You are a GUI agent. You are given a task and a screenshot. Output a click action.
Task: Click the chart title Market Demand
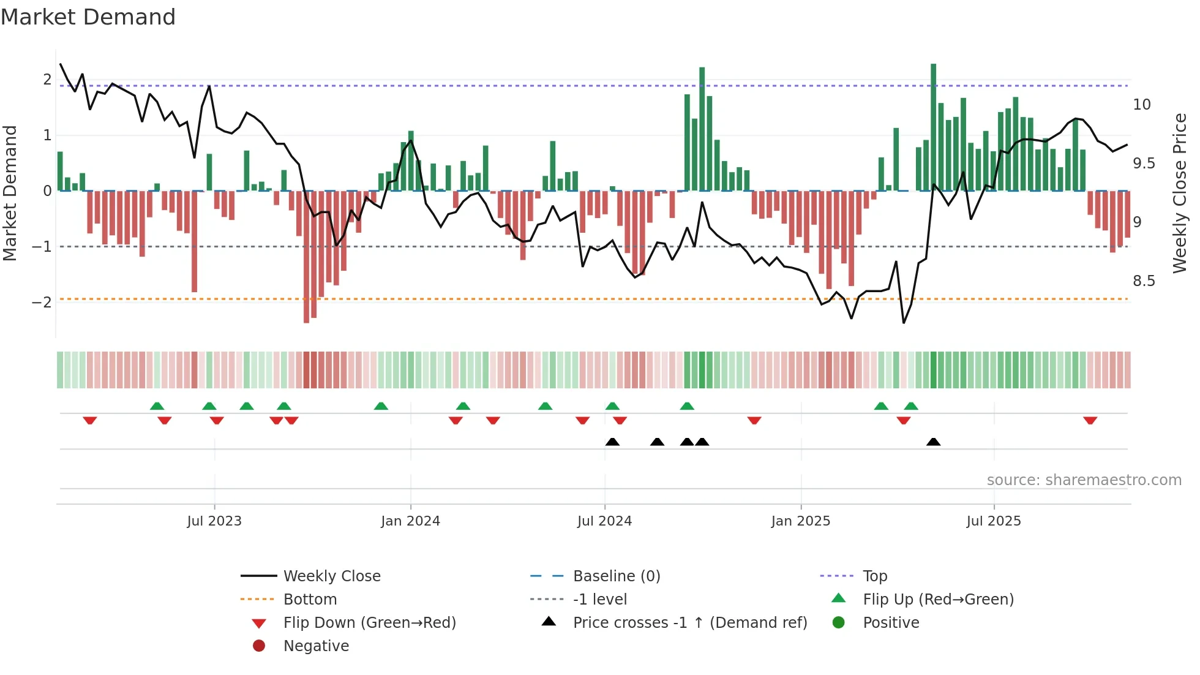(x=88, y=17)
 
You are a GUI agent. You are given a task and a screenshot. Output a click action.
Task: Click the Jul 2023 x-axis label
(x=214, y=521)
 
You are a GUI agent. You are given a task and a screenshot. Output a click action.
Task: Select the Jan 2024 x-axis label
(x=410, y=521)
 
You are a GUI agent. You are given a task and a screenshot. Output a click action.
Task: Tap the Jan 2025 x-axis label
(x=800, y=521)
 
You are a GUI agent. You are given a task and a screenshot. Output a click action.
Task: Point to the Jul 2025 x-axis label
(x=994, y=521)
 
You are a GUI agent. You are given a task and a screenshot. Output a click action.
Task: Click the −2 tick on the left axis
(x=42, y=303)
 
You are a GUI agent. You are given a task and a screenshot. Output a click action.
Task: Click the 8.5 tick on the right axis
(x=1143, y=281)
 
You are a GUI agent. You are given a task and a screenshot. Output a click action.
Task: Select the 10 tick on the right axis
(x=1141, y=105)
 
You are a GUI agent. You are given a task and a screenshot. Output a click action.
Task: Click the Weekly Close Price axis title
(x=1179, y=193)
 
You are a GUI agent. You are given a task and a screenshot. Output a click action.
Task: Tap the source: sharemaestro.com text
(x=1084, y=480)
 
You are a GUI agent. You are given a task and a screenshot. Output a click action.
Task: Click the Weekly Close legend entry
(x=331, y=576)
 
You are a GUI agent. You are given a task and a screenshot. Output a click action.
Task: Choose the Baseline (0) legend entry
(x=616, y=576)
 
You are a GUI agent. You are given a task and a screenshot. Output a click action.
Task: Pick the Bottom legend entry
(x=310, y=600)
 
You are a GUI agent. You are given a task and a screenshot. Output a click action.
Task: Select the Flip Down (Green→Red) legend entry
(x=369, y=623)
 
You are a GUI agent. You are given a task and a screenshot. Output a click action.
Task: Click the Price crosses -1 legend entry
(x=689, y=623)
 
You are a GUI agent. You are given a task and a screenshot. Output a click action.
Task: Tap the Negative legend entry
(x=316, y=646)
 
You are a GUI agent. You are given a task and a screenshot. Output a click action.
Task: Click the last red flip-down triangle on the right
(x=1090, y=421)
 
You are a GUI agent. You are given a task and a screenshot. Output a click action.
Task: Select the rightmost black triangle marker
(x=933, y=442)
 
